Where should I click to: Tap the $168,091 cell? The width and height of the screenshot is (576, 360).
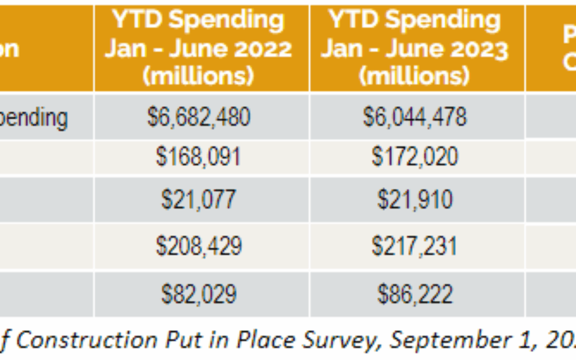click(x=198, y=157)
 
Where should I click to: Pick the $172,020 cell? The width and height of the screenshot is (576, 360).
click(x=415, y=157)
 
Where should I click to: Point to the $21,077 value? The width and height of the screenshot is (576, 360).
click(x=198, y=199)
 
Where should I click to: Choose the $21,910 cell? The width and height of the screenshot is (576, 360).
click(x=415, y=199)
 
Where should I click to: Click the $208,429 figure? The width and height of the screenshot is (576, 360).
click(x=198, y=246)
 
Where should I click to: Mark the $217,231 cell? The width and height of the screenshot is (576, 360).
click(x=415, y=246)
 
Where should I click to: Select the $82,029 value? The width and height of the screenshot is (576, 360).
click(x=198, y=294)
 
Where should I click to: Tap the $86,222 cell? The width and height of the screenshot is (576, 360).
click(x=415, y=294)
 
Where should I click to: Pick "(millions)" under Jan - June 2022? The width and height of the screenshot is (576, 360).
click(x=198, y=76)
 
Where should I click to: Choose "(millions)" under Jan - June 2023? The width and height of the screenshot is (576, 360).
click(x=415, y=76)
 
